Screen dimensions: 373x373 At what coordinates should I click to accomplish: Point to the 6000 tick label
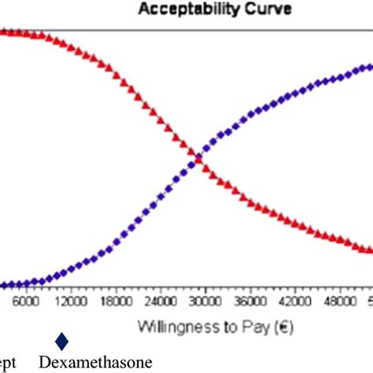pyautogui.click(x=26, y=301)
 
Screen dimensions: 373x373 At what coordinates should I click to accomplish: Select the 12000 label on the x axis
pyautogui.click(x=71, y=301)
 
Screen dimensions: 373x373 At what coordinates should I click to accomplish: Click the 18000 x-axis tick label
pyautogui.click(x=116, y=301)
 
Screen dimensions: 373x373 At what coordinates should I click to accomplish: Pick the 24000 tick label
pyautogui.click(x=161, y=301)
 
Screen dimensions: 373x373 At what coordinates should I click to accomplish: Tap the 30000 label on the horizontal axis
pyautogui.click(x=205, y=301)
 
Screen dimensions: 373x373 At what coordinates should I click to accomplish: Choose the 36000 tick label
pyautogui.click(x=249, y=301)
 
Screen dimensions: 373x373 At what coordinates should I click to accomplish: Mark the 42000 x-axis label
pyautogui.click(x=294, y=301)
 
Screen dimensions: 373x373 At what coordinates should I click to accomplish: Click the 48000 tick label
pyautogui.click(x=339, y=301)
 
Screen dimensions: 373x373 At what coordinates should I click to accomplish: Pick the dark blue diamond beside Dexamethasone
pyautogui.click(x=61, y=341)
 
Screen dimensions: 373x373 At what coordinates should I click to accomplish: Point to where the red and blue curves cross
pyautogui.click(x=197, y=158)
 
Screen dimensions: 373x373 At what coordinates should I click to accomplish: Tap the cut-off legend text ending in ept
pyautogui.click(x=8, y=363)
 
